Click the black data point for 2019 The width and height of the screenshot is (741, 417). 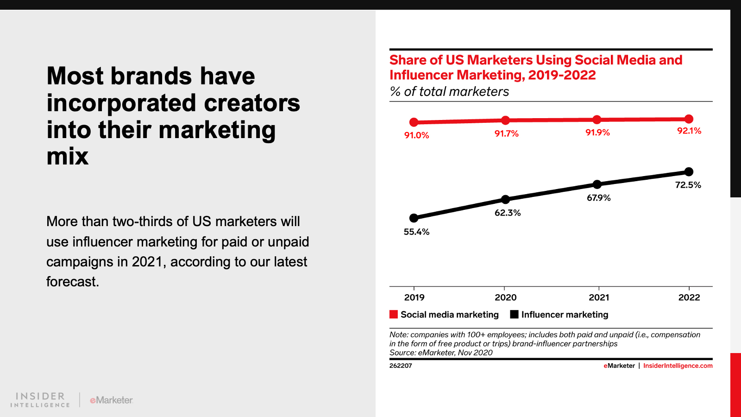[414, 218]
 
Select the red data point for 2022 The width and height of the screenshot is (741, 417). [689, 119]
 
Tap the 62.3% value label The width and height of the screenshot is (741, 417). [508, 213]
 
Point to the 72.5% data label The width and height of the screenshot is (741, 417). [688, 185]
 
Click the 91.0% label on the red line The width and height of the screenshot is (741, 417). [416, 135]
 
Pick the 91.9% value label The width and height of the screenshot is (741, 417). [597, 133]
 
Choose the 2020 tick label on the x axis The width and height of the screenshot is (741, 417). [505, 297]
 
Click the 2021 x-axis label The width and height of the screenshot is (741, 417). [599, 297]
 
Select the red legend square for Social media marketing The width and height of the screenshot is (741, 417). [394, 315]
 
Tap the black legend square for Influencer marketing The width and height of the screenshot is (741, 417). [514, 315]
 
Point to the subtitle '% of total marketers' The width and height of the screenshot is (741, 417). [449, 92]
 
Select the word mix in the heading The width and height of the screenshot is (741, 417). [67, 156]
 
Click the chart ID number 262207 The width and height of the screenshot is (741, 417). [401, 366]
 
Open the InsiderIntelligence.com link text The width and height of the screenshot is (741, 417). [678, 366]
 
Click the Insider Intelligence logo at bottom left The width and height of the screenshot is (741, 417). [40, 399]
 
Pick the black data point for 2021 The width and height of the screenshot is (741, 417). [597, 184]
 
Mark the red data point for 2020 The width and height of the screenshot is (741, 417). [506, 120]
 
